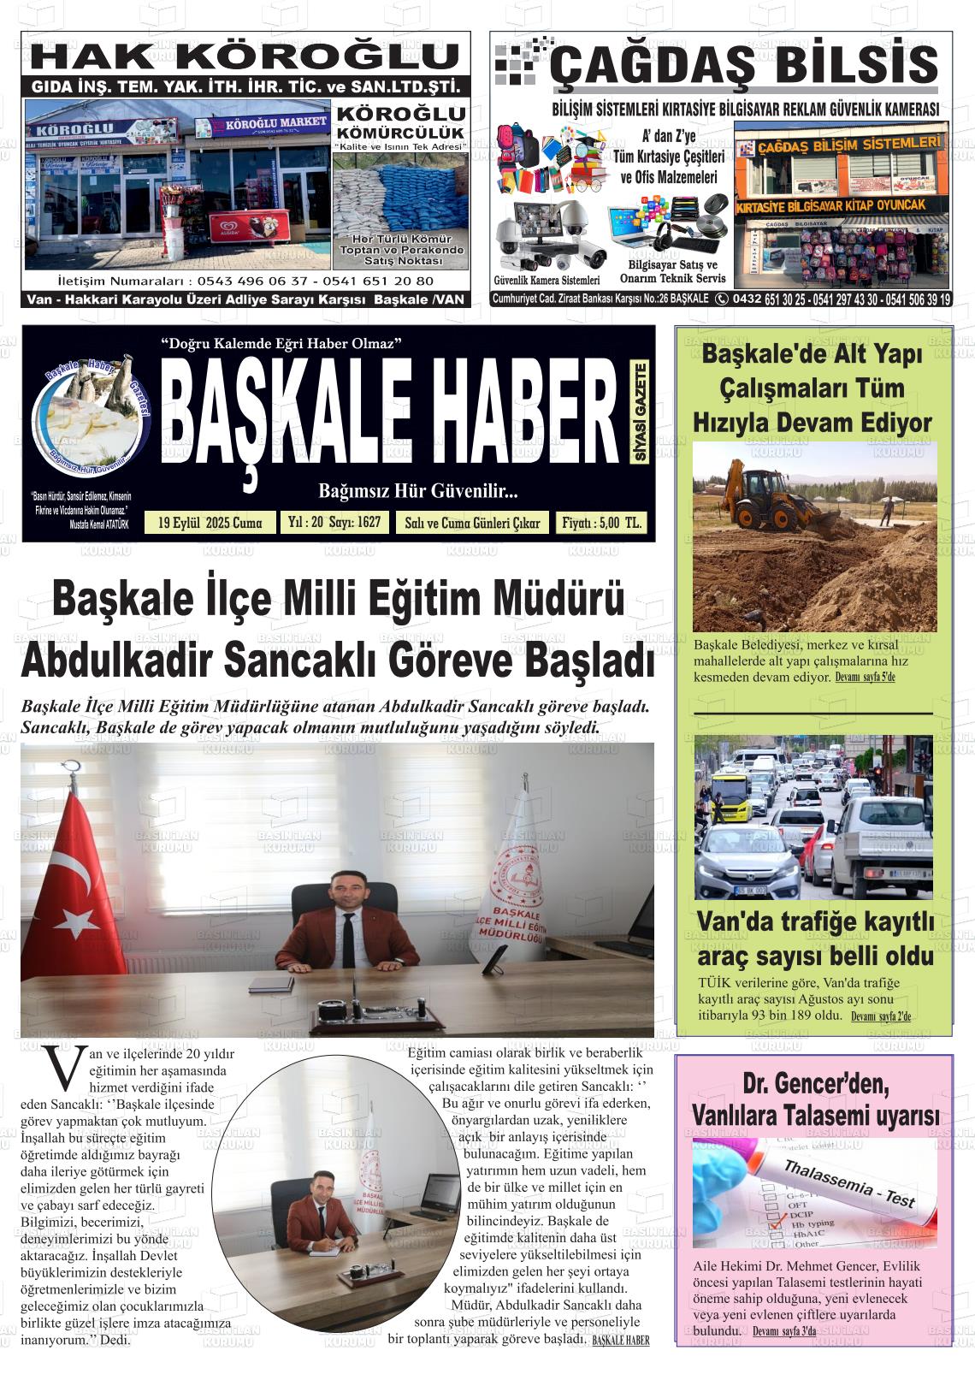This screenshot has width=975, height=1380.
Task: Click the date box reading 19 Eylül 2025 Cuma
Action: click(210, 523)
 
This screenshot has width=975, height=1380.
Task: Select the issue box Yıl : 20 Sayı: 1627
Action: click(334, 522)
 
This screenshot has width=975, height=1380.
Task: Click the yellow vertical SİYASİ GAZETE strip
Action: click(640, 413)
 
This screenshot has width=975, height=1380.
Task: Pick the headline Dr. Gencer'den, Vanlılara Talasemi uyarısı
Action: click(814, 1100)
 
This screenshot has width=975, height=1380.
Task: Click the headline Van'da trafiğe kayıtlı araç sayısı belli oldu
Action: click(814, 939)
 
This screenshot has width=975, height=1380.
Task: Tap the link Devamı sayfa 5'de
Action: click(865, 678)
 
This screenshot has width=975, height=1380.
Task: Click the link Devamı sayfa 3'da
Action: click(784, 1331)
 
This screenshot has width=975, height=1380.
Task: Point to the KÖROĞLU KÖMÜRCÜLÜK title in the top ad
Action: click(400, 123)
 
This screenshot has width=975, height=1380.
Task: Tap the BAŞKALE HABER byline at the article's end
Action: click(620, 1340)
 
